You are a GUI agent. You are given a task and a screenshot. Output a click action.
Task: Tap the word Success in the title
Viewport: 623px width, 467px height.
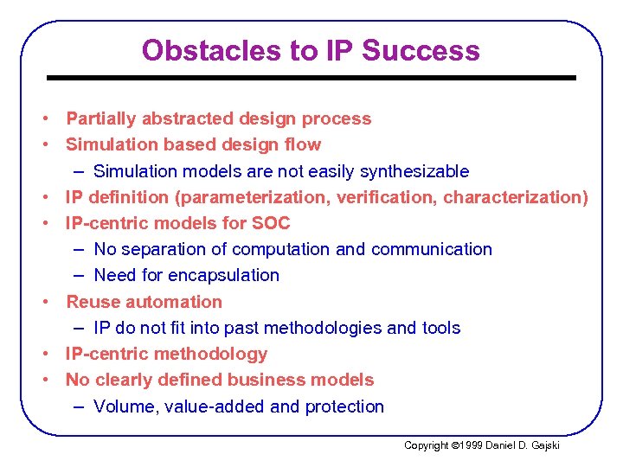coord(421,50)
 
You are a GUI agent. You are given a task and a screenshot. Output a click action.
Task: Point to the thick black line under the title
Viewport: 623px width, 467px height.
coord(311,78)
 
